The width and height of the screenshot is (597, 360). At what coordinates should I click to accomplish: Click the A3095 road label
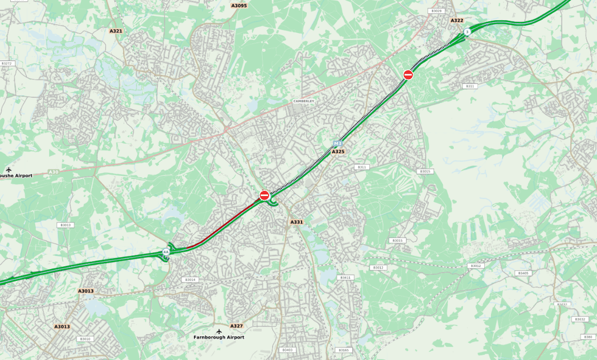239,6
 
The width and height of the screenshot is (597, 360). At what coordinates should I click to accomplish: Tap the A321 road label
116,31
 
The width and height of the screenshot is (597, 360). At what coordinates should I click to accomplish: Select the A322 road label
457,21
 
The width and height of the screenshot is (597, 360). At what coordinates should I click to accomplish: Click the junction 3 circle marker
467,32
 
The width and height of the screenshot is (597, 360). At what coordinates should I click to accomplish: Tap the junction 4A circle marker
166,252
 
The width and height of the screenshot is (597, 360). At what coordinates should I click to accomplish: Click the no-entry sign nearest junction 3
408,74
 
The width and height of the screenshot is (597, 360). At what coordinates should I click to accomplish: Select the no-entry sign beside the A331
264,195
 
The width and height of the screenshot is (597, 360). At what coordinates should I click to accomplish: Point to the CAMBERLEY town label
303,101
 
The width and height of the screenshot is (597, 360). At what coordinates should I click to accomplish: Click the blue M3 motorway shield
337,144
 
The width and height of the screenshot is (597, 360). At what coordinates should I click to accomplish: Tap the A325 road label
338,152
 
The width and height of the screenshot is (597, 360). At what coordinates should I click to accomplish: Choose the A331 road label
297,222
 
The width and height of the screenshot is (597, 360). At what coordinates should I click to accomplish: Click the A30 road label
54,172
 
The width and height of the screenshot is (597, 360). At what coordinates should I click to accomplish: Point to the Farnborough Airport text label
219,337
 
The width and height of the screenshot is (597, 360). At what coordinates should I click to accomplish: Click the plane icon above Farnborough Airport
219,331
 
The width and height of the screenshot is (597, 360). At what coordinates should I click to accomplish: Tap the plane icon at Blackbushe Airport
9,169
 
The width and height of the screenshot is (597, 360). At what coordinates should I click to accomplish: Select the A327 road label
236,326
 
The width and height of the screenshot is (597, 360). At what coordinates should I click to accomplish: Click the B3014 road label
190,280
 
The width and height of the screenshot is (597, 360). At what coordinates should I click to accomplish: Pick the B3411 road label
345,277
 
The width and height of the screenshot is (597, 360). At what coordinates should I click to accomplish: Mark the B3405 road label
523,273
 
